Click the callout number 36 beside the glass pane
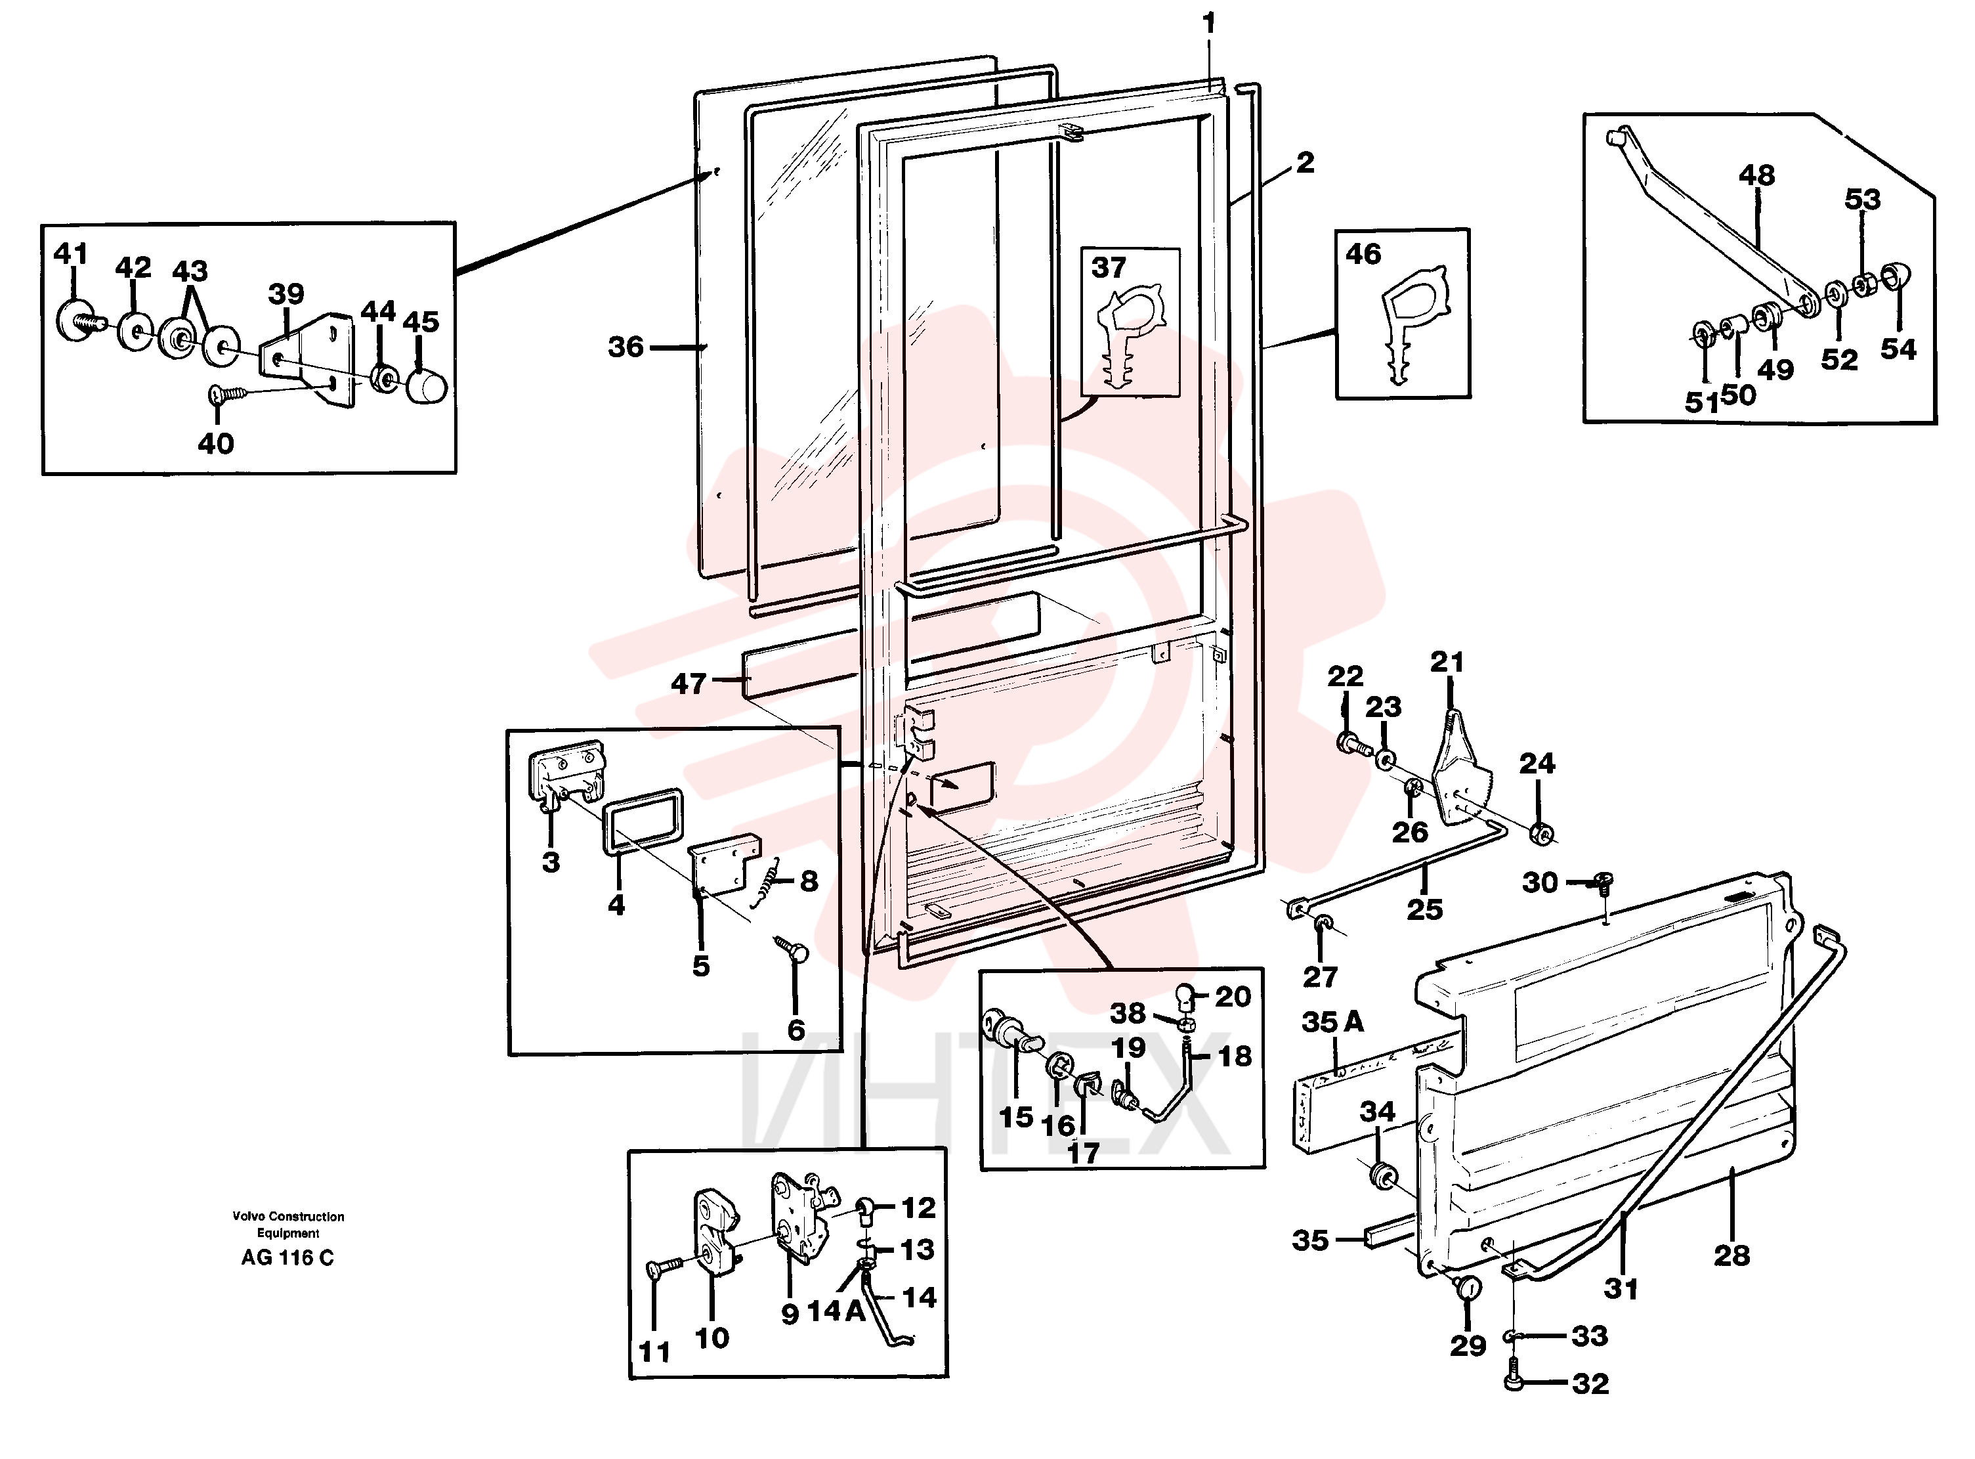point(626,347)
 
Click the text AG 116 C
point(288,1257)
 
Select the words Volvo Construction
point(289,1216)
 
